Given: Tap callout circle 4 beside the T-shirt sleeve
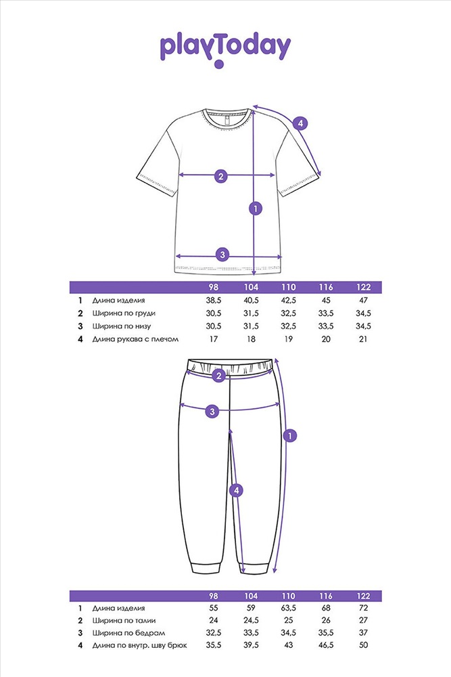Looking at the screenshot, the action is [300, 123].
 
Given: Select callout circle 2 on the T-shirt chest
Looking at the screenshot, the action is [220, 176].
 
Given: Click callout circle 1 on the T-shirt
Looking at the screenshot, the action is [255, 209].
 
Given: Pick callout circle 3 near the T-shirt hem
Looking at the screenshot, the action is [222, 255].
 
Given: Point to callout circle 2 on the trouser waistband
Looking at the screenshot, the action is [218, 375].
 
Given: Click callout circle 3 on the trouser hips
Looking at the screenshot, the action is [212, 412].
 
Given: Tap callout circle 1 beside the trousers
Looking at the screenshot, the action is [290, 435].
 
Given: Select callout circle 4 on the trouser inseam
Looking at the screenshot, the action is [236, 490].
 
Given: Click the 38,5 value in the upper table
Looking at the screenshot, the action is [214, 300].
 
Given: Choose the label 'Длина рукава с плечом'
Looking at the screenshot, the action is [135, 339].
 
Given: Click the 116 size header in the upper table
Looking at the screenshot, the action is [325, 287].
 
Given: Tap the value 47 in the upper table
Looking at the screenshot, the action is [363, 300].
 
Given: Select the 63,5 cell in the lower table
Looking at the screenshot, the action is [289, 608].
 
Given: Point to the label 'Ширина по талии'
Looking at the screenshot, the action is [124, 620].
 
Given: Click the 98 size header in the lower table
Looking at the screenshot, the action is [214, 596].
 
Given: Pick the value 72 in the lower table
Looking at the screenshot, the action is [363, 608].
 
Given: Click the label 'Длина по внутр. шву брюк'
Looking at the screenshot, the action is [139, 645].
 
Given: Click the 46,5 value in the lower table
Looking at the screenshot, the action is [325, 645].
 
